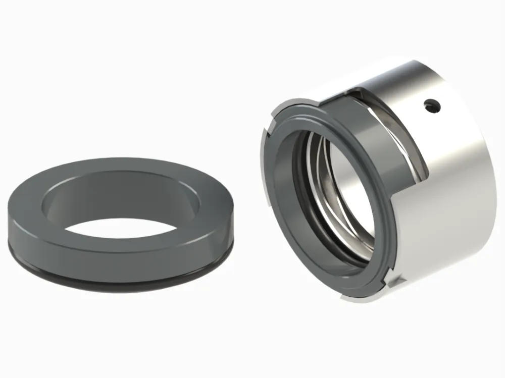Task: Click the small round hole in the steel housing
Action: click(x=430, y=105)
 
